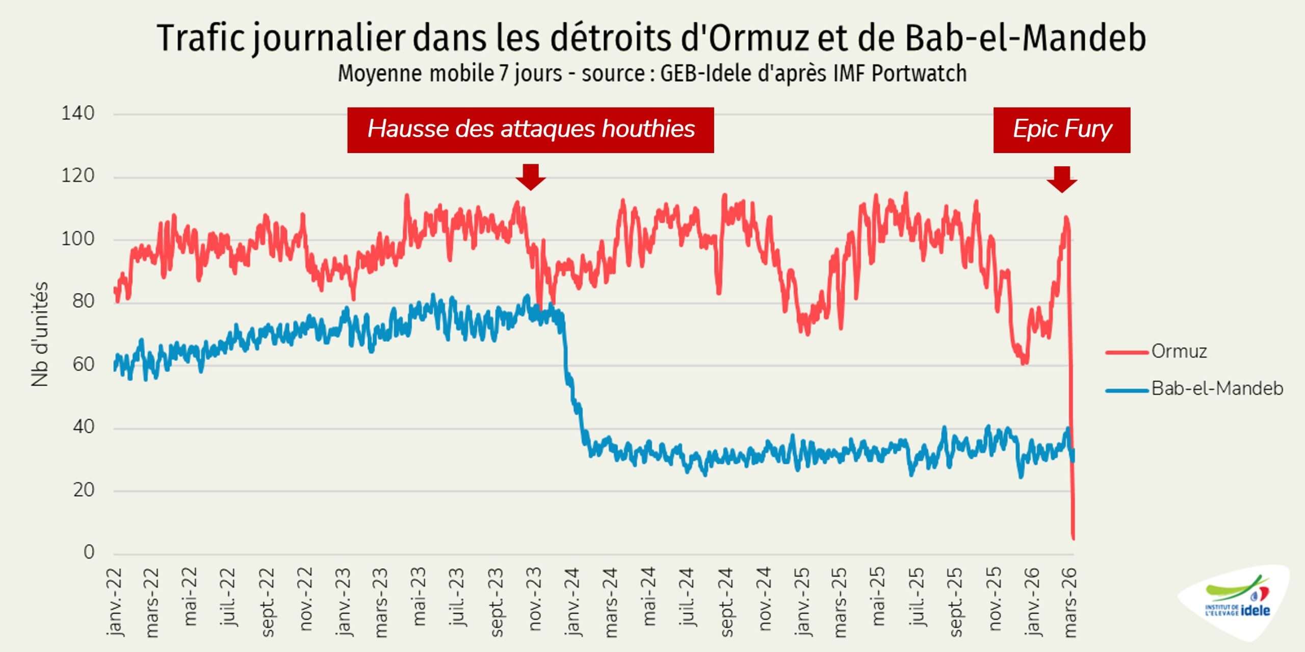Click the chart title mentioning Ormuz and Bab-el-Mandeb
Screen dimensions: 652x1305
[x=651, y=38]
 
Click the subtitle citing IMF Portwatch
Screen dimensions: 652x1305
[x=652, y=73]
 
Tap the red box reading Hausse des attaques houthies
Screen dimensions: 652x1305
[x=530, y=130]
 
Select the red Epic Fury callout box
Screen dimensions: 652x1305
[x=1061, y=130]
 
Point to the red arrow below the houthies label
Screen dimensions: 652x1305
[x=530, y=177]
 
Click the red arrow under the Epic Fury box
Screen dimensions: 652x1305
[x=1062, y=179]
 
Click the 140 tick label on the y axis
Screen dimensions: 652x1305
[x=78, y=113]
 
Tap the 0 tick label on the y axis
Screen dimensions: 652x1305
[x=89, y=552]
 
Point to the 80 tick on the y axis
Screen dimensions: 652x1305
[x=84, y=302]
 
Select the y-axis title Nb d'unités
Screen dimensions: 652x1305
[x=40, y=334]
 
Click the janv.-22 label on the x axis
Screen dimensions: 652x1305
[x=115, y=602]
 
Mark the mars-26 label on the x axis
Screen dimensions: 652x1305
[x=1070, y=602]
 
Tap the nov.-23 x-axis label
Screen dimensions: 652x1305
[x=534, y=599]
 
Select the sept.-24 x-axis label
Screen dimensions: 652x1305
[x=726, y=602]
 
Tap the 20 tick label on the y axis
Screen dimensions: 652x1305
[x=84, y=490]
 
